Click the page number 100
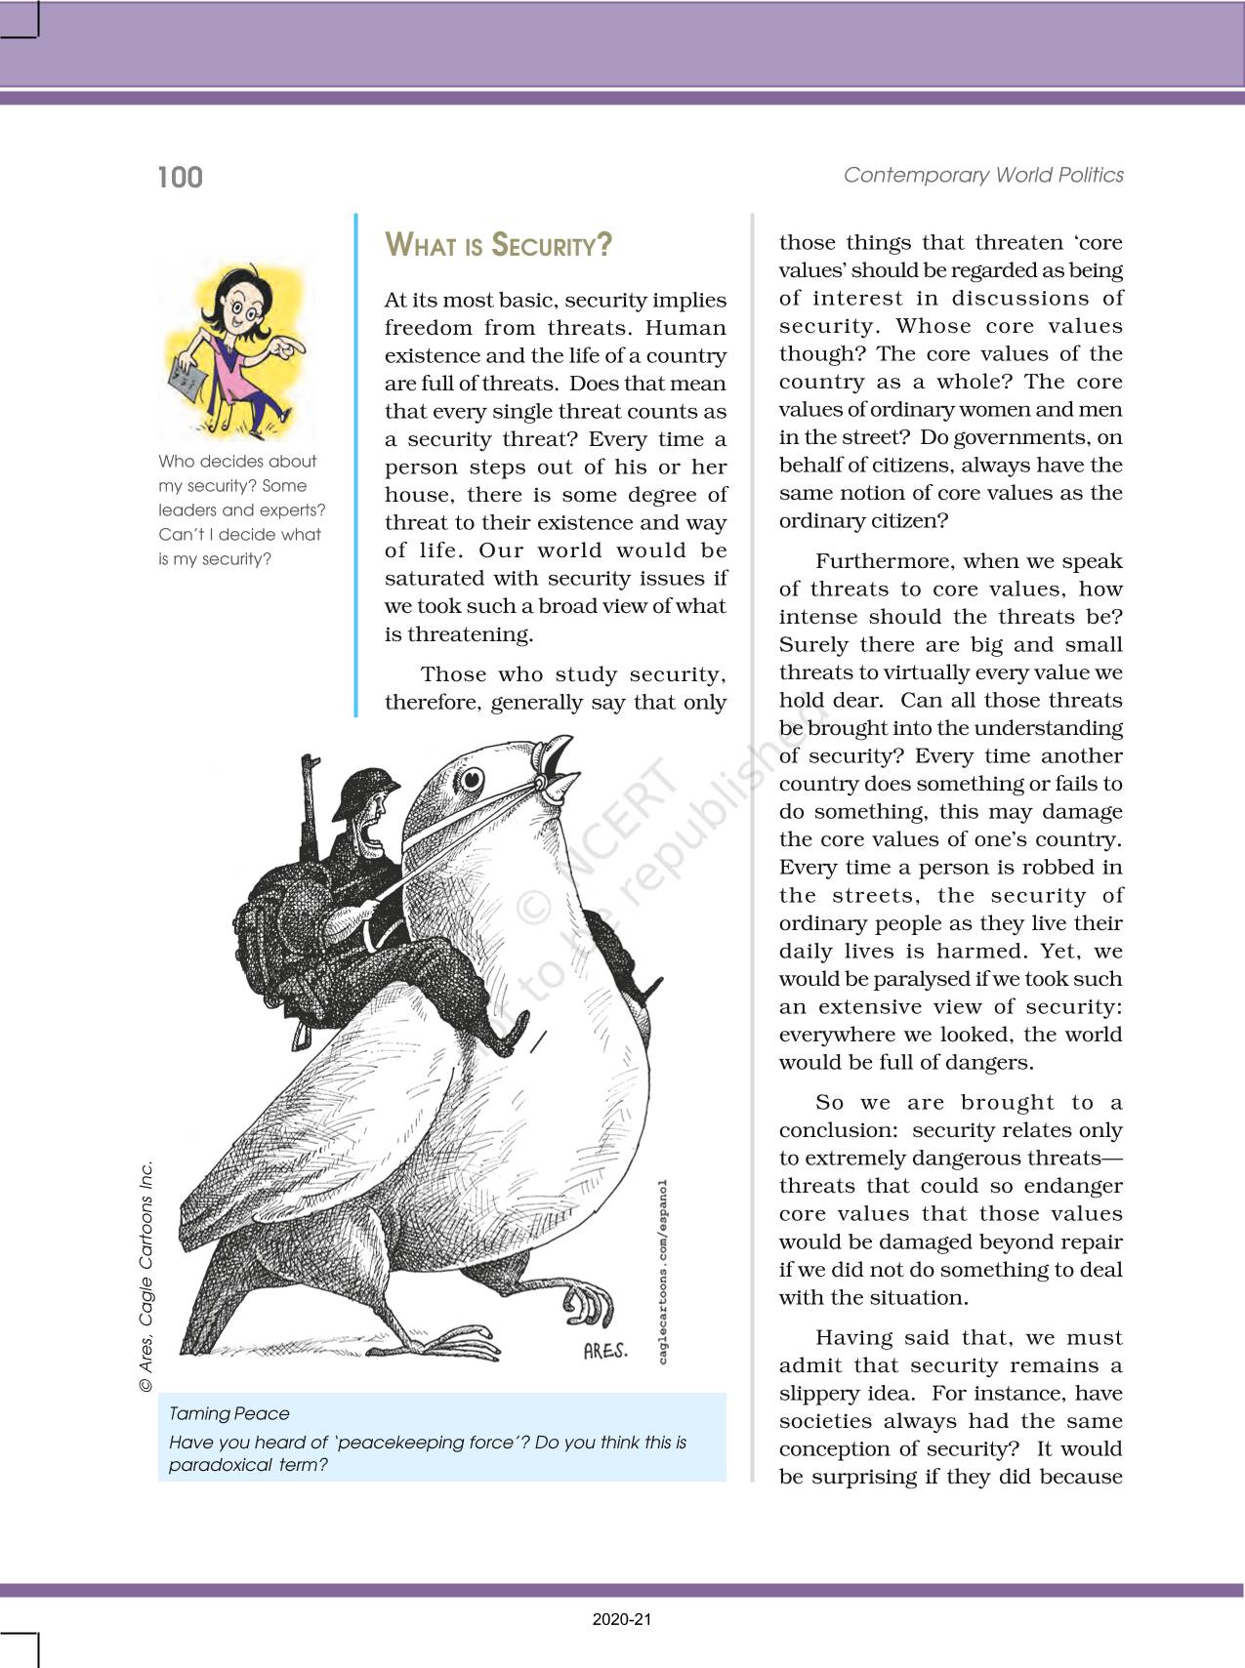180,178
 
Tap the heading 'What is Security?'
498,244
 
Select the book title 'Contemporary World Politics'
983,176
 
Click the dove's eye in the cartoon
473,778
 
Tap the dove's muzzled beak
558,771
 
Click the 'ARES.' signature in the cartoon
604,1352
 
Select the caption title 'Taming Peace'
228,1413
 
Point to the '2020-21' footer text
622,1619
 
